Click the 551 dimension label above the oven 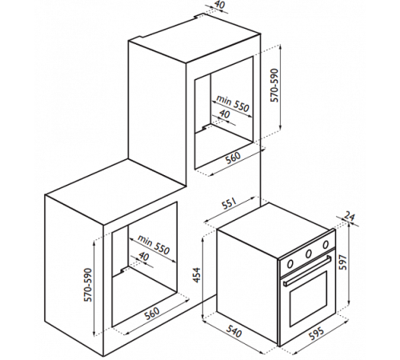click(x=228, y=205)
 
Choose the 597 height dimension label click(x=342, y=262)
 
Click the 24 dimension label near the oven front click(x=350, y=217)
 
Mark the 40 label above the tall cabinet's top click(x=219, y=5)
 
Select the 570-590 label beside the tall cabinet click(x=274, y=86)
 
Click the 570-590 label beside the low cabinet click(x=87, y=285)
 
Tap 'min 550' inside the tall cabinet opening click(x=232, y=102)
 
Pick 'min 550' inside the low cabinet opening click(x=154, y=245)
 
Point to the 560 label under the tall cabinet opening click(x=233, y=158)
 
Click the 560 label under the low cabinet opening click(x=152, y=314)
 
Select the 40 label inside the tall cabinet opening click(x=224, y=114)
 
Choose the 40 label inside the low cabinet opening click(x=143, y=256)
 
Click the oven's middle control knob click(x=309, y=254)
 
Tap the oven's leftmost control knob click(x=290, y=263)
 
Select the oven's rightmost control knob click(x=326, y=244)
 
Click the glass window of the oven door click(x=308, y=299)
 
